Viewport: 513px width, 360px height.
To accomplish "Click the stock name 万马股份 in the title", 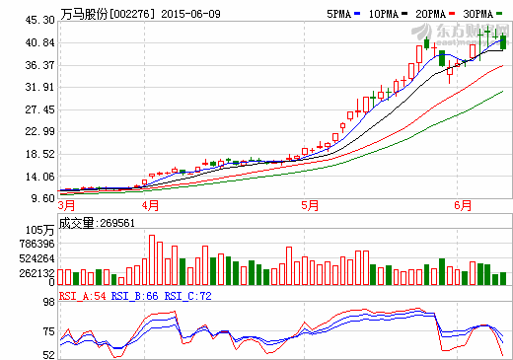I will click(x=83, y=15).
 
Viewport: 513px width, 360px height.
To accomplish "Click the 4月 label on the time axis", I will click(x=151, y=206).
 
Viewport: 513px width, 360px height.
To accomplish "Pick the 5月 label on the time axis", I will click(x=311, y=206).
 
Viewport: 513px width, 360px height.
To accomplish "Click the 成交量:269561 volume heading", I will click(x=97, y=222).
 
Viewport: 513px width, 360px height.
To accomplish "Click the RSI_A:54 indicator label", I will click(x=81, y=295).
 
